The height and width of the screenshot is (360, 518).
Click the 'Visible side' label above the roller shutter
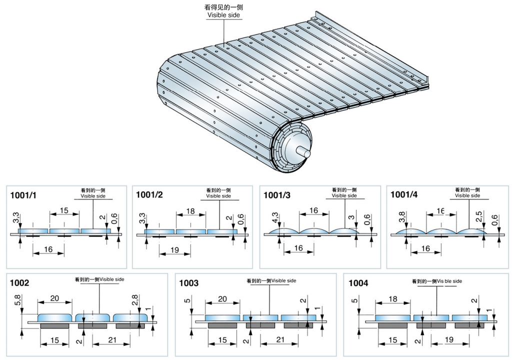click(x=223, y=15)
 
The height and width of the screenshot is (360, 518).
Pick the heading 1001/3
click(x=277, y=196)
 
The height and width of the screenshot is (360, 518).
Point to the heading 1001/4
click(x=404, y=196)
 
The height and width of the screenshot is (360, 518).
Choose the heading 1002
click(x=20, y=283)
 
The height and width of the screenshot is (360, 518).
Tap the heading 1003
click(x=189, y=283)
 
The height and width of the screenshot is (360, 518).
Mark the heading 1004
click(x=358, y=283)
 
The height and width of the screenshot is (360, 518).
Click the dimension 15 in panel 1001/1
click(x=64, y=211)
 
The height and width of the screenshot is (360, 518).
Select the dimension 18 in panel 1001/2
click(x=190, y=211)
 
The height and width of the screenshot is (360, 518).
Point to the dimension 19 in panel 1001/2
click(x=174, y=248)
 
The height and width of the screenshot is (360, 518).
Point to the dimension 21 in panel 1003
click(x=280, y=340)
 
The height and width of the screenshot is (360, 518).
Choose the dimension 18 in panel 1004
click(x=392, y=299)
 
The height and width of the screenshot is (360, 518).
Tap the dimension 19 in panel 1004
click(x=449, y=340)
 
